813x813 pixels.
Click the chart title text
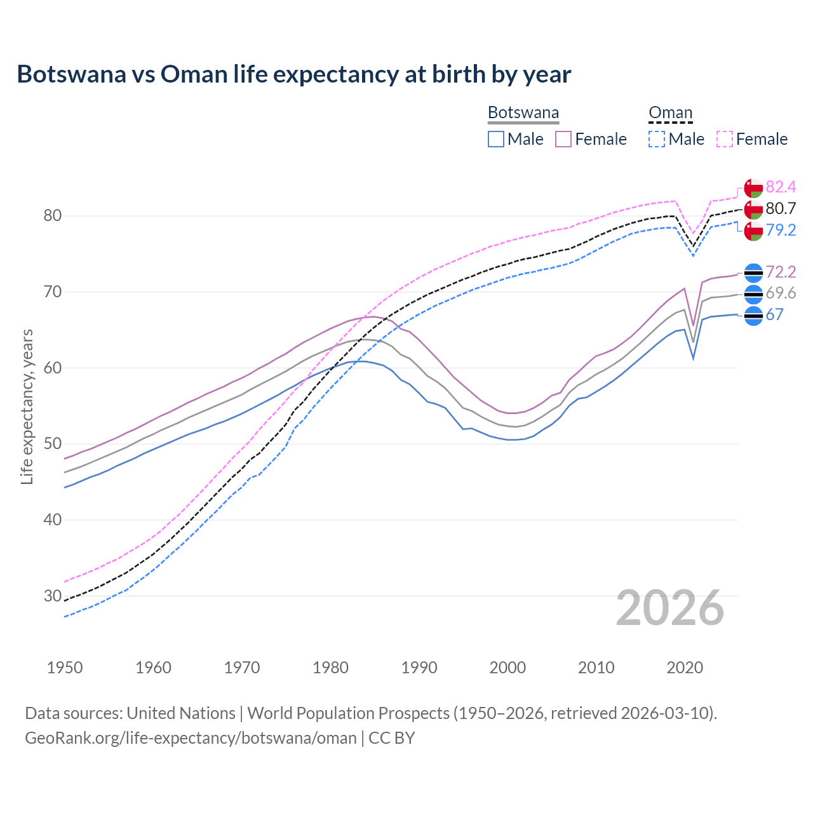coord(293,74)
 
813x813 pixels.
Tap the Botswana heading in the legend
coord(523,113)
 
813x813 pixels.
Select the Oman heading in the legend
coord(670,113)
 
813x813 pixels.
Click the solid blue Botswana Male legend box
coord(496,139)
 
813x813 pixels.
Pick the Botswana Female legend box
coord(563,139)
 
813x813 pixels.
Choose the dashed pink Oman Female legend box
coord(724,139)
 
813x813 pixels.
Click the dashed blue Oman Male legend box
coord(657,139)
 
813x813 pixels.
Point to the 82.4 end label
coord(781,187)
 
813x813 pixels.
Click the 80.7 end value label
coord(781,208)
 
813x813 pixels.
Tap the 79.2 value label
coord(781,230)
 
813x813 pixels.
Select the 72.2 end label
coord(781,272)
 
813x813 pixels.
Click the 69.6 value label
coord(781,293)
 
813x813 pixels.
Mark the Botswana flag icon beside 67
coord(753,315)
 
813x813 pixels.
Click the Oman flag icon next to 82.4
coord(753,188)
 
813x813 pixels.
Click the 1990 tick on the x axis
coord(419,668)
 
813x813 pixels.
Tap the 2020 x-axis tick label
coord(685,668)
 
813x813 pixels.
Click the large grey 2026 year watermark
coord(669,608)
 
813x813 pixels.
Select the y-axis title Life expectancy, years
coord(27,406)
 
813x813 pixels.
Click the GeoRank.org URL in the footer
coord(191,738)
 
